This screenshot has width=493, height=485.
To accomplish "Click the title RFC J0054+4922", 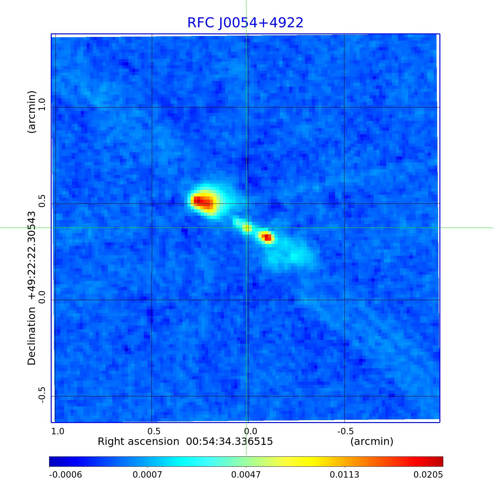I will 245,23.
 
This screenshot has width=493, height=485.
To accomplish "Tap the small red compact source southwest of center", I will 266,238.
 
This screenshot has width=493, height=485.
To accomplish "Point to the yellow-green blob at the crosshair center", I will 246,228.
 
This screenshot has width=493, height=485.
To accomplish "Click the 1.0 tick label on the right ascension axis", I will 58,431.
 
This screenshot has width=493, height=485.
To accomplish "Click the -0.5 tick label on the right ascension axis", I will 345,431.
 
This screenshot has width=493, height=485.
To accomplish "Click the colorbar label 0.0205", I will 428,475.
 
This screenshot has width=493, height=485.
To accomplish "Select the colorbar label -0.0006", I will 65,475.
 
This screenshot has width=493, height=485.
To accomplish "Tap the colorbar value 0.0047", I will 246,475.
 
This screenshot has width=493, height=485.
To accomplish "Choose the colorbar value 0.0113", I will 345,475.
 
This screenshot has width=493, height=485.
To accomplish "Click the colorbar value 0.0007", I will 148,475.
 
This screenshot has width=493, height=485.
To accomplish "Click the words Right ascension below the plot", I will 138,442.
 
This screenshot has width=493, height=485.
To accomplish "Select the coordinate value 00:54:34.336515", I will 229,442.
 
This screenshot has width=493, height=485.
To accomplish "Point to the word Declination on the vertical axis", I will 32,336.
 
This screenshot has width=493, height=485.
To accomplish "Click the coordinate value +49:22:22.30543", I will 32,255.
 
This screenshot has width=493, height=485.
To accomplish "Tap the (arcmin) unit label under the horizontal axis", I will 372,442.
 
